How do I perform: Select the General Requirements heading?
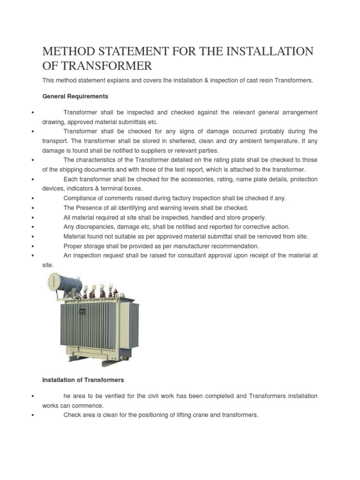pos(75,96)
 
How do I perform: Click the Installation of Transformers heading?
pos(83,379)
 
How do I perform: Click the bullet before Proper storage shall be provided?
pos(32,247)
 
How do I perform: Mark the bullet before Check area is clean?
pos(32,415)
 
